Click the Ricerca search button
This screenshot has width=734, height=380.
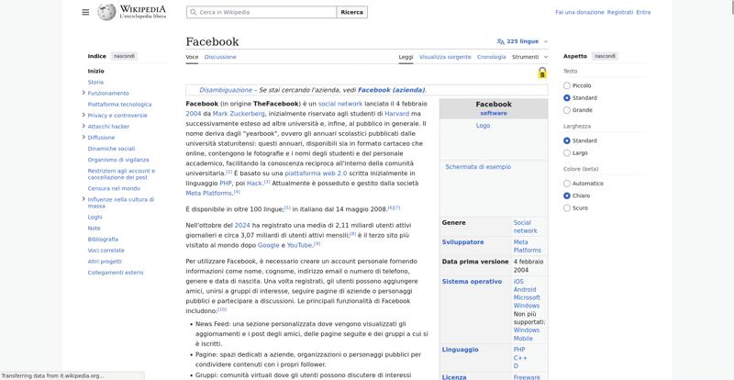click(351, 12)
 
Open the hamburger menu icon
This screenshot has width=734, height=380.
click(85, 12)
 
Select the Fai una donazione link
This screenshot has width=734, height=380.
click(579, 12)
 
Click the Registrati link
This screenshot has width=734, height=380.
click(620, 12)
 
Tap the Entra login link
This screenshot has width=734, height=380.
click(643, 12)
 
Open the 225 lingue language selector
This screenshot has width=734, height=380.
click(517, 41)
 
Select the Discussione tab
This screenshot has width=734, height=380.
click(220, 57)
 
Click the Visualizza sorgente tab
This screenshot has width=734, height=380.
click(445, 57)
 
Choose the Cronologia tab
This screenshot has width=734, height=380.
click(492, 57)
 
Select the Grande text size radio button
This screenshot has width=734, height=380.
click(567, 110)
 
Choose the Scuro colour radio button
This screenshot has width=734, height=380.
click(567, 208)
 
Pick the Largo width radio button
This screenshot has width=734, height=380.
click(567, 153)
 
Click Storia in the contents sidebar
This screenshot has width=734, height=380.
click(95, 82)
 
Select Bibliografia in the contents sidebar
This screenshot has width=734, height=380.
click(103, 239)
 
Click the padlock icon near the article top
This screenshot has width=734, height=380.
click(542, 73)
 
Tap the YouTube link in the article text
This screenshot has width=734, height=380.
click(300, 245)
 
